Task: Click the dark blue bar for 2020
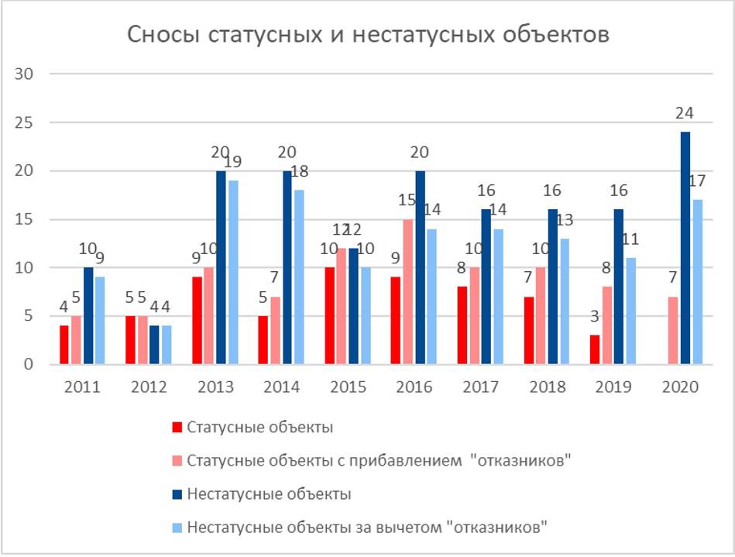(685, 248)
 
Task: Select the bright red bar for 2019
(595, 349)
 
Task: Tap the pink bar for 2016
(408, 291)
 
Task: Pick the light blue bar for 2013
(233, 273)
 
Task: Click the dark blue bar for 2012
(155, 345)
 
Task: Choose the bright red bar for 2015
(330, 316)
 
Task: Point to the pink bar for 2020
(673, 331)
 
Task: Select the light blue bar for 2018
(565, 301)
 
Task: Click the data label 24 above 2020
(685, 113)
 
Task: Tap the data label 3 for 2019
(594, 317)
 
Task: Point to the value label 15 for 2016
(407, 200)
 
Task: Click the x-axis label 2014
(282, 387)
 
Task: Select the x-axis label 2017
(481, 387)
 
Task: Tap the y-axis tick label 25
(23, 123)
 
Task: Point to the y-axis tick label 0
(29, 364)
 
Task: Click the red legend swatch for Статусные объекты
(177, 428)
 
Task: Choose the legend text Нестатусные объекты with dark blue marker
(269, 494)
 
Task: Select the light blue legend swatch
(177, 528)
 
